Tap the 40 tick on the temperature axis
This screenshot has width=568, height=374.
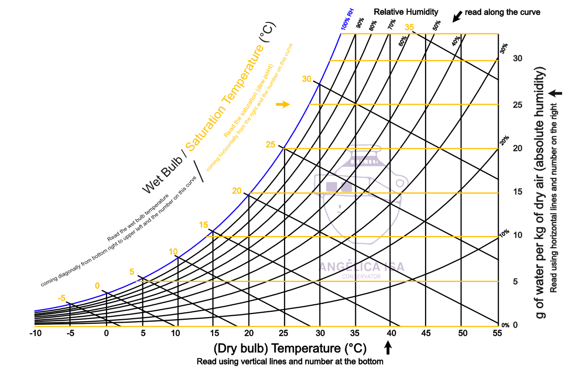tap(391, 333)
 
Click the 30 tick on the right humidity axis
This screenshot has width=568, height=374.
tap(518, 58)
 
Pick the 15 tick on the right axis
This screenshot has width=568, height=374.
tap(517, 192)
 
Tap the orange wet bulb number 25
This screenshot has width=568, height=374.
tap(271, 145)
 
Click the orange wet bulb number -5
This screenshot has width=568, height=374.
tap(62, 298)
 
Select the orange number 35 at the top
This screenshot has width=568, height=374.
tap(410, 27)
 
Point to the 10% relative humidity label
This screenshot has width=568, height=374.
tap(504, 233)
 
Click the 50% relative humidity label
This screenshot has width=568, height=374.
tap(437, 25)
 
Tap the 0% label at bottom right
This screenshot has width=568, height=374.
tap(505, 325)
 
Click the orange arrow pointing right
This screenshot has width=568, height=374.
tap(283, 104)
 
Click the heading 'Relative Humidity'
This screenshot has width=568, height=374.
tap(406, 11)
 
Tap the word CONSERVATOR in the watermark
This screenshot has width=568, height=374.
tap(361, 276)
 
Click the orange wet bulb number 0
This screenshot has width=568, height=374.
tap(97, 286)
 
